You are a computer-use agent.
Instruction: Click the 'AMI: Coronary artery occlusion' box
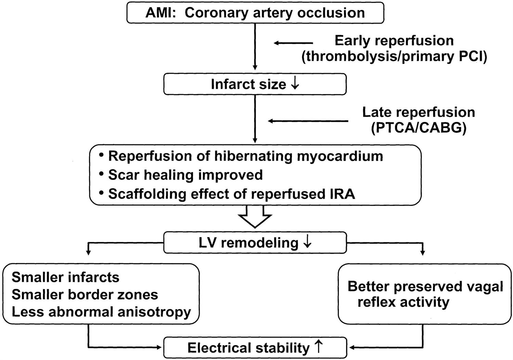[255, 13]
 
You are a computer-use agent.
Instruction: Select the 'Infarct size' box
[255, 84]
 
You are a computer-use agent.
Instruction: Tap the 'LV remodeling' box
[255, 243]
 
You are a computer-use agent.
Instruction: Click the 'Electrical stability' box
[255, 348]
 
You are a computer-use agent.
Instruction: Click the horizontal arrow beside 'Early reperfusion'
[293, 43]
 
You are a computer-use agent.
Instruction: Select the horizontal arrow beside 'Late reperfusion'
[308, 121]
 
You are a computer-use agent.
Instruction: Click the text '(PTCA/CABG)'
[419, 128]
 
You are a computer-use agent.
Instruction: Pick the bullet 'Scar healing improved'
[185, 175]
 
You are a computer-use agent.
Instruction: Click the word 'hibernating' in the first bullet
[254, 156]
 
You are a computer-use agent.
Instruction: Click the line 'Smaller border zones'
[85, 295]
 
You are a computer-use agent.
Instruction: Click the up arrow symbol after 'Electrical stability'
[318, 347]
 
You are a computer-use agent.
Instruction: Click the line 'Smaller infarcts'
[65, 277]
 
